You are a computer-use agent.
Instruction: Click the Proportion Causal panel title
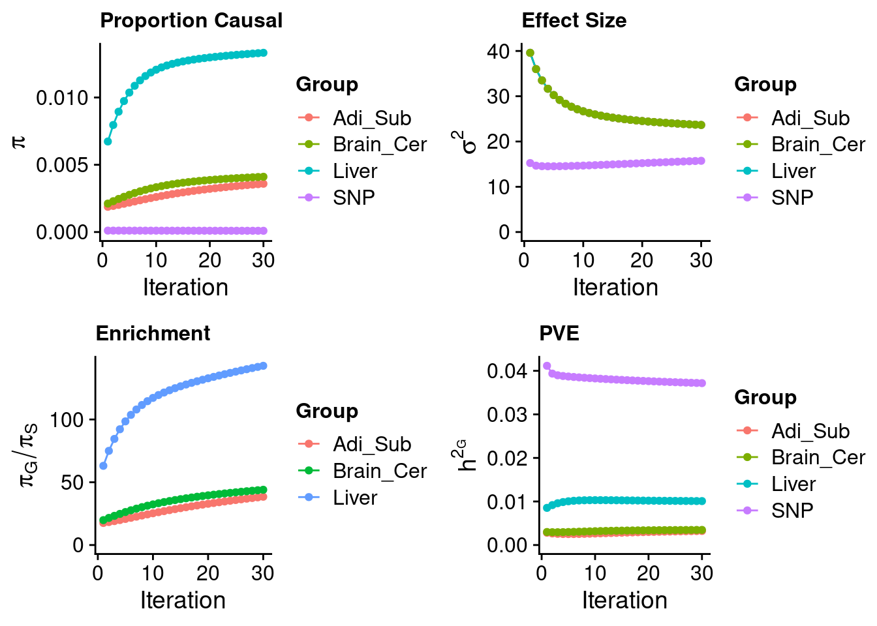click(191, 20)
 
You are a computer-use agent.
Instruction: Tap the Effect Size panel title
click(574, 20)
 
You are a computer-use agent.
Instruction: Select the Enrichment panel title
click(153, 333)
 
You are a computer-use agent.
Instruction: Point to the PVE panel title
click(559, 333)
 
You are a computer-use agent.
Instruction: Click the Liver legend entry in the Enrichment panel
click(354, 498)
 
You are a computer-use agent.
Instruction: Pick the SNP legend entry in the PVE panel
click(792, 510)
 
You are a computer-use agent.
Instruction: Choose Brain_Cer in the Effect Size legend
click(818, 144)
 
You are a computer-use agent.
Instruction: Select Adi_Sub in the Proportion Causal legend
click(371, 118)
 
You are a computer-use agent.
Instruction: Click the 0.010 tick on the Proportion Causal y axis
click(62, 98)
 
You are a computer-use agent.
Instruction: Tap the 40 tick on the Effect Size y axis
click(498, 52)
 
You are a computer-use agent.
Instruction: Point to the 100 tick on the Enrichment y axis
click(67, 419)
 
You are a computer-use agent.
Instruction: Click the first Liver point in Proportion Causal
click(108, 141)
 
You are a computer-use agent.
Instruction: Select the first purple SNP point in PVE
click(547, 366)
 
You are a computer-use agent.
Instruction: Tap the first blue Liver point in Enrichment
click(103, 466)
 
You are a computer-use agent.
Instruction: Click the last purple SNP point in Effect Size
click(701, 160)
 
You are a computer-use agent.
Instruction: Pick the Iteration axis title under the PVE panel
click(624, 601)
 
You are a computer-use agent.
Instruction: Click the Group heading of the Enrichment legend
click(326, 411)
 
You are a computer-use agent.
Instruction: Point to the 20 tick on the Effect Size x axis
click(642, 260)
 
